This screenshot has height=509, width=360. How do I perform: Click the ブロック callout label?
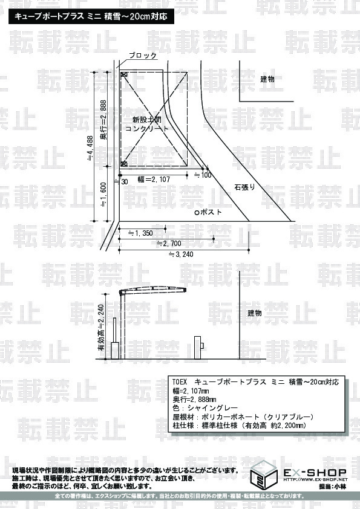pos(143,56)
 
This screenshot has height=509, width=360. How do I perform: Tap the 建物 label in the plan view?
pos(267,79)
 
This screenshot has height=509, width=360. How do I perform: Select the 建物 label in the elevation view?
pos(254,313)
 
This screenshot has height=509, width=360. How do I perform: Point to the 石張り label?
pos(244,187)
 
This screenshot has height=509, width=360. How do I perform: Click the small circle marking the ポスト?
pos(196,213)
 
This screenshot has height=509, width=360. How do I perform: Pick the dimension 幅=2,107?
pos(154,179)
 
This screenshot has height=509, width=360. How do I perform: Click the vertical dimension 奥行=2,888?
pos(103,120)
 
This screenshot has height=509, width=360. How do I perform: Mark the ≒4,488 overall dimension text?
pos(90,148)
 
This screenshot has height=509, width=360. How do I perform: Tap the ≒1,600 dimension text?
pos(103,195)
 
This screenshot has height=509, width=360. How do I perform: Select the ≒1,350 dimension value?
pos(140,233)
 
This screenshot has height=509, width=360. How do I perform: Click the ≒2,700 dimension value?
pos(169,244)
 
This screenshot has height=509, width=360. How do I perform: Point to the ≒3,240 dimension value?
pos(181,254)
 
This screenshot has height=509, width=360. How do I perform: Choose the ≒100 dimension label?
pos(203,175)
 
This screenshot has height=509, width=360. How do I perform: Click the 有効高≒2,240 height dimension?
pos(101,328)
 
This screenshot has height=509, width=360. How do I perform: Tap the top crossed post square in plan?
pos(124,74)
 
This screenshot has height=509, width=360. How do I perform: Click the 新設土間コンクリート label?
pos(147,124)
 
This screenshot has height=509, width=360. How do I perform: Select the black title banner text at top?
pos(91,16)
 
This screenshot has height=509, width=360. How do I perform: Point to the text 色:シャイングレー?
pos(205,408)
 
